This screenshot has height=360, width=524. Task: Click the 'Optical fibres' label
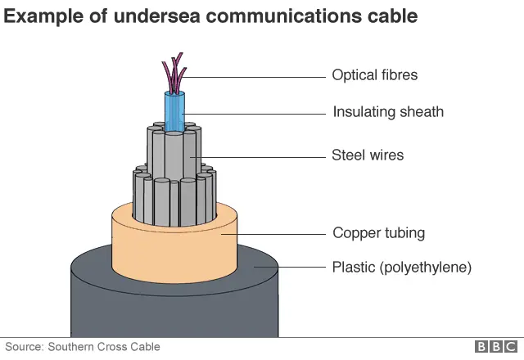tap(374, 75)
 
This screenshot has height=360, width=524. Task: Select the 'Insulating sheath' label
tap(388, 112)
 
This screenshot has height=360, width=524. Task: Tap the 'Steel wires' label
tap(368, 155)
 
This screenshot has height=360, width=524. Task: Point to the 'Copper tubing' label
tap(378, 233)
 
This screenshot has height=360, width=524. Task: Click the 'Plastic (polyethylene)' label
tap(401, 267)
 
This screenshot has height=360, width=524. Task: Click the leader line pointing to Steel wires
tap(262, 155)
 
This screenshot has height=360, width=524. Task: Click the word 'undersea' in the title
tap(155, 16)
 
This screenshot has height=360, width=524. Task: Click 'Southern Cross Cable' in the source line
tap(102, 347)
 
